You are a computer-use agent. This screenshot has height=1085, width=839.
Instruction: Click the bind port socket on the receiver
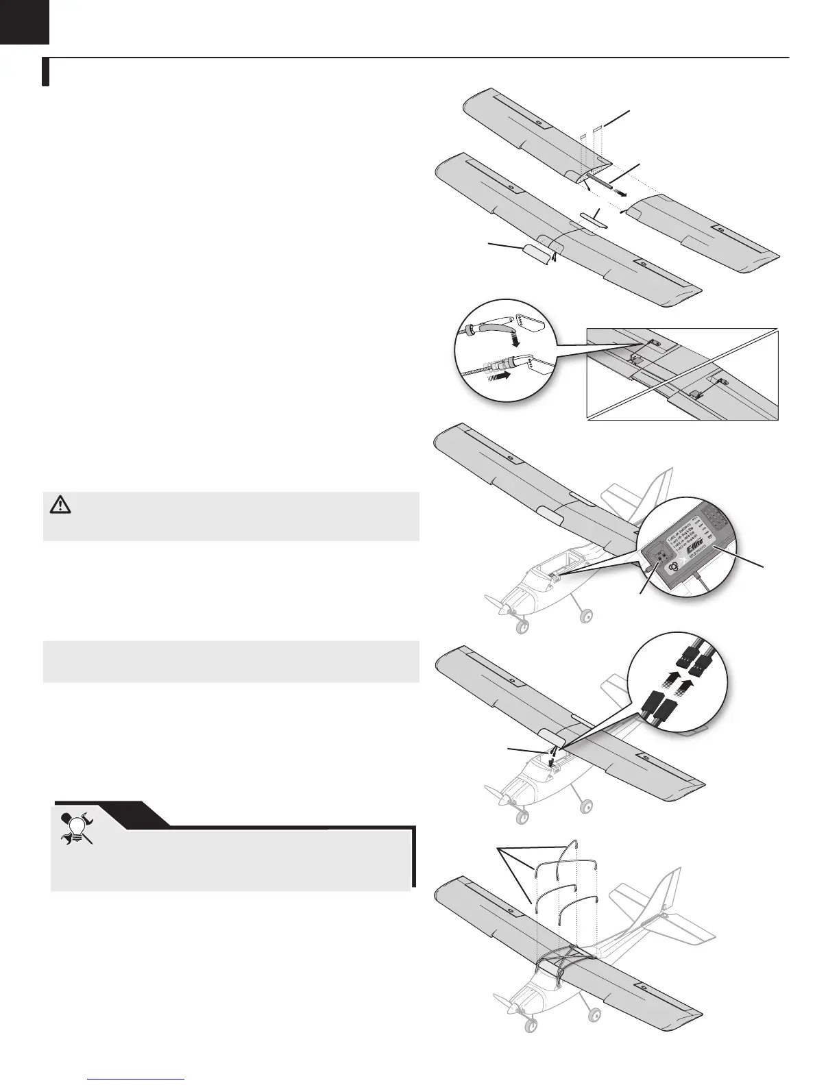(x=660, y=556)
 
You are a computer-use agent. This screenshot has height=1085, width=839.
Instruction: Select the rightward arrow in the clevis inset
(x=501, y=376)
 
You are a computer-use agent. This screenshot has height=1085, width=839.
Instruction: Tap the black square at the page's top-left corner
(x=25, y=21)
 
